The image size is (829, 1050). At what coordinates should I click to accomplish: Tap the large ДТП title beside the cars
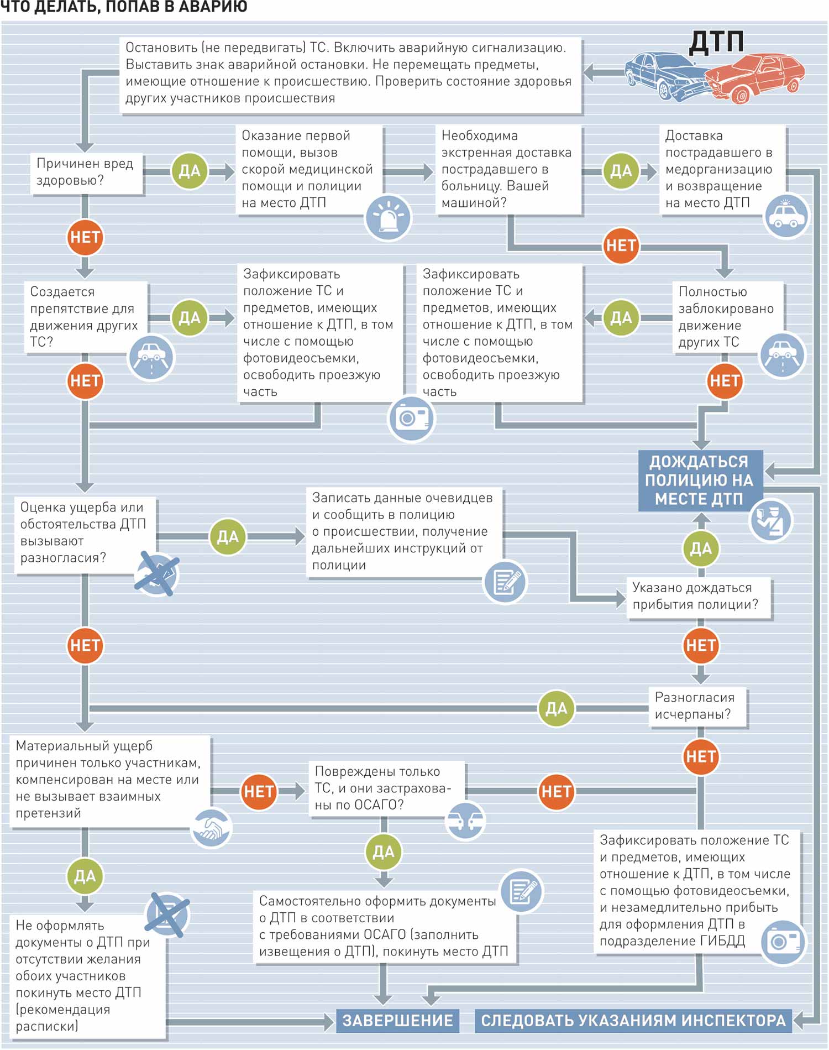(x=716, y=42)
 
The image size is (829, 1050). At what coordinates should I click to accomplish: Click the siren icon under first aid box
(x=388, y=217)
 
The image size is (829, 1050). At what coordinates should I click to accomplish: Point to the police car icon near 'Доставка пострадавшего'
(x=786, y=216)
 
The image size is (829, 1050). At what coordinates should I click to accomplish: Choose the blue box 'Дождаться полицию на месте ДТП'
(x=700, y=480)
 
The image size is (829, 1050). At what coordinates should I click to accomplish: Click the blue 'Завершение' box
(x=397, y=1021)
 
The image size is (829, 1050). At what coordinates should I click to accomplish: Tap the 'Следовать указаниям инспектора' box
(x=633, y=1021)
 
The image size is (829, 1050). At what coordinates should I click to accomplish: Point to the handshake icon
(x=210, y=827)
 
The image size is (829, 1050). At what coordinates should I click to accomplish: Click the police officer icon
(x=771, y=520)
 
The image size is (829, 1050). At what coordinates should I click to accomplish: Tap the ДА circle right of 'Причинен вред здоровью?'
(x=190, y=171)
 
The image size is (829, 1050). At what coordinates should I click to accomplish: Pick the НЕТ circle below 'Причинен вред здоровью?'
(x=85, y=238)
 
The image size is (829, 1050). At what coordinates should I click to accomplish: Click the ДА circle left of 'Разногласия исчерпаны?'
(x=556, y=708)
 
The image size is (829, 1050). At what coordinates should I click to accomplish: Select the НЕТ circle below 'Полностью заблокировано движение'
(x=725, y=381)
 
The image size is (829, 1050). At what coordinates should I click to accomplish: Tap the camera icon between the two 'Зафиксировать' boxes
(x=412, y=418)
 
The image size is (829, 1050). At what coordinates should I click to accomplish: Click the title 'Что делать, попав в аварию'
(x=124, y=7)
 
